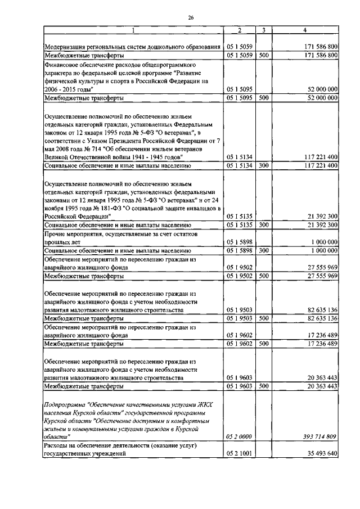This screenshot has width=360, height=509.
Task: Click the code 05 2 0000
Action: (238, 436)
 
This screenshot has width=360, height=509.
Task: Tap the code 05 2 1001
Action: (238, 453)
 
